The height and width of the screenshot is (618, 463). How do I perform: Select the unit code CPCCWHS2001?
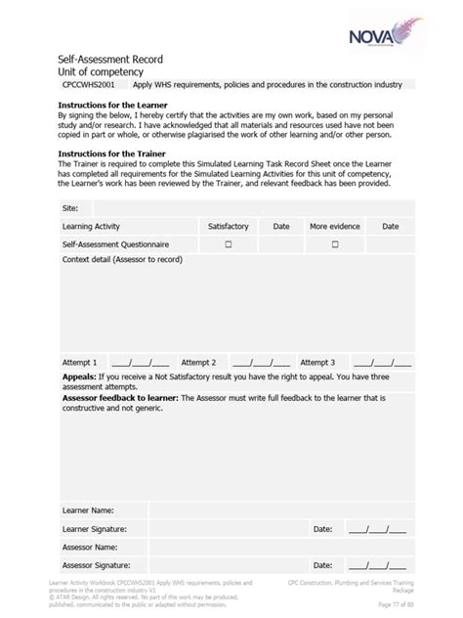click(90, 85)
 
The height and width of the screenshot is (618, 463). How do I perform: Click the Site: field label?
click(70, 208)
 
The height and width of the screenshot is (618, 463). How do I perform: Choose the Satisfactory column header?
click(229, 226)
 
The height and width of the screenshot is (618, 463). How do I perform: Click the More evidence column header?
click(334, 226)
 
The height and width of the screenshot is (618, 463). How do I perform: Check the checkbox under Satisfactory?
click(229, 244)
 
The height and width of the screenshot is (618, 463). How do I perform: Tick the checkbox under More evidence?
click(334, 244)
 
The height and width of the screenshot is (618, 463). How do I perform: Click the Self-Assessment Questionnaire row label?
click(115, 244)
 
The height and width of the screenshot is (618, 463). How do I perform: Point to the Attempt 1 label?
click(80, 362)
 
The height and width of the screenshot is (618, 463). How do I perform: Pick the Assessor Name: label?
click(91, 547)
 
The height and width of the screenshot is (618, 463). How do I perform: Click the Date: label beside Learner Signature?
click(323, 529)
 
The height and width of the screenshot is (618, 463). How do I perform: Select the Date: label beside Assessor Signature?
click(323, 565)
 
